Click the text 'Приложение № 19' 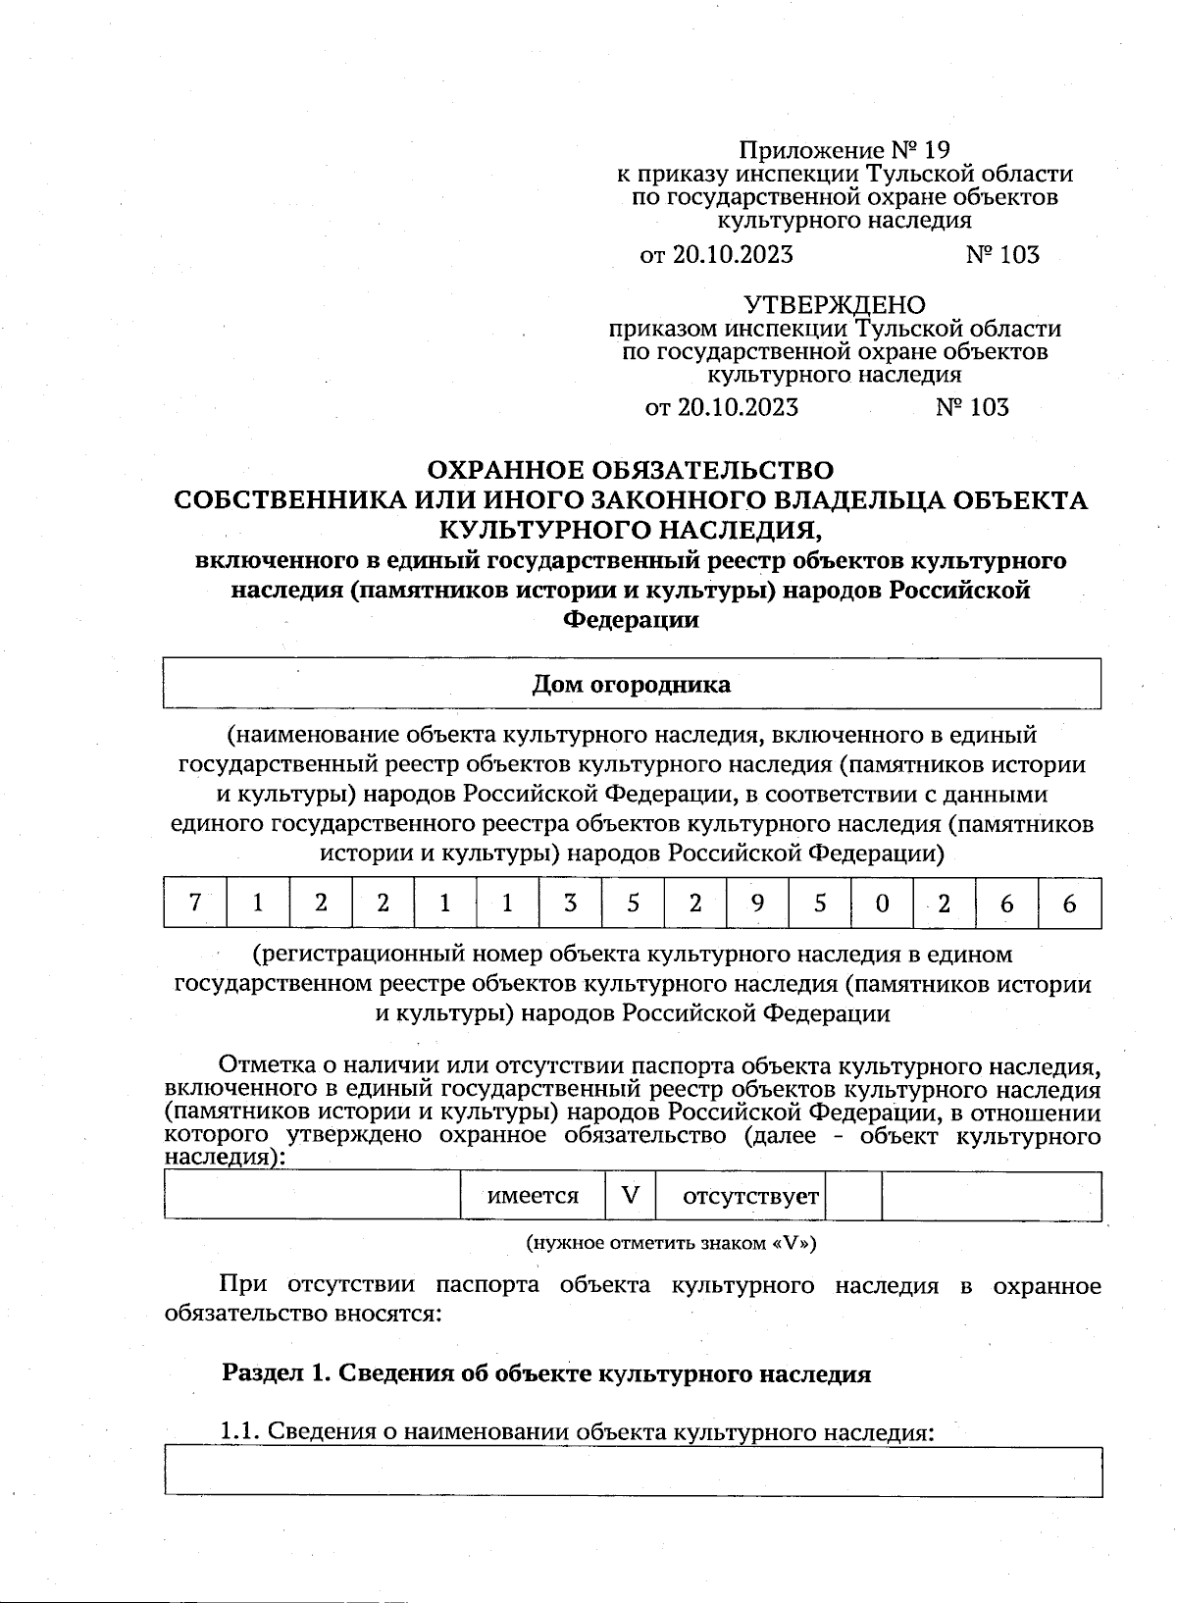(x=844, y=150)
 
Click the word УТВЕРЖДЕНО (x=834, y=305)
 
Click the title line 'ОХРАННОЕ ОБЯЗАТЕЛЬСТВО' (x=631, y=471)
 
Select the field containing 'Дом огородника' (x=631, y=684)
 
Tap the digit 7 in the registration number (x=195, y=903)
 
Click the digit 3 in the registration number (x=570, y=903)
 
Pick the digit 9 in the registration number (x=757, y=903)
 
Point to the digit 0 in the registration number (x=882, y=903)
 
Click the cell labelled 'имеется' (x=533, y=1196)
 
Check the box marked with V (x=631, y=1196)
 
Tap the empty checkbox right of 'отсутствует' (x=853, y=1196)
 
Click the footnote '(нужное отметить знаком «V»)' (x=672, y=1243)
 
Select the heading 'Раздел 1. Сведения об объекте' (x=546, y=1373)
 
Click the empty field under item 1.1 (x=633, y=1471)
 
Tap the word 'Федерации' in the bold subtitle (x=631, y=620)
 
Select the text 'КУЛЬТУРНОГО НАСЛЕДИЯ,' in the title (x=629, y=530)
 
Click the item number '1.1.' (x=240, y=1432)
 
